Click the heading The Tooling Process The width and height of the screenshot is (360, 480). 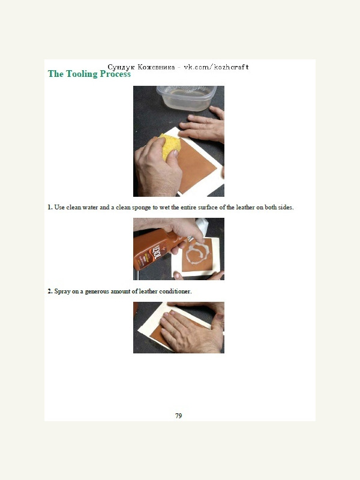tap(89, 74)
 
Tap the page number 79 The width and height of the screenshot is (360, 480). tap(178, 416)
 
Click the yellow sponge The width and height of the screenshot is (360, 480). tap(170, 145)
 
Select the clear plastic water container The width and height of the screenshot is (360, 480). tap(187, 98)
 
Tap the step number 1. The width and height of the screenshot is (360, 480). tap(50, 207)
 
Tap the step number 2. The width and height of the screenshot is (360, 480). tap(50, 291)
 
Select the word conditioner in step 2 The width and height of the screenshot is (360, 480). tap(175, 291)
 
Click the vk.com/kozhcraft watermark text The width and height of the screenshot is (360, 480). tap(216, 67)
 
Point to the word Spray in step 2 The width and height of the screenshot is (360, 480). tap(62, 292)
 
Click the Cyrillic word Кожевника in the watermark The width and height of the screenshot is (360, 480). tap(156, 67)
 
